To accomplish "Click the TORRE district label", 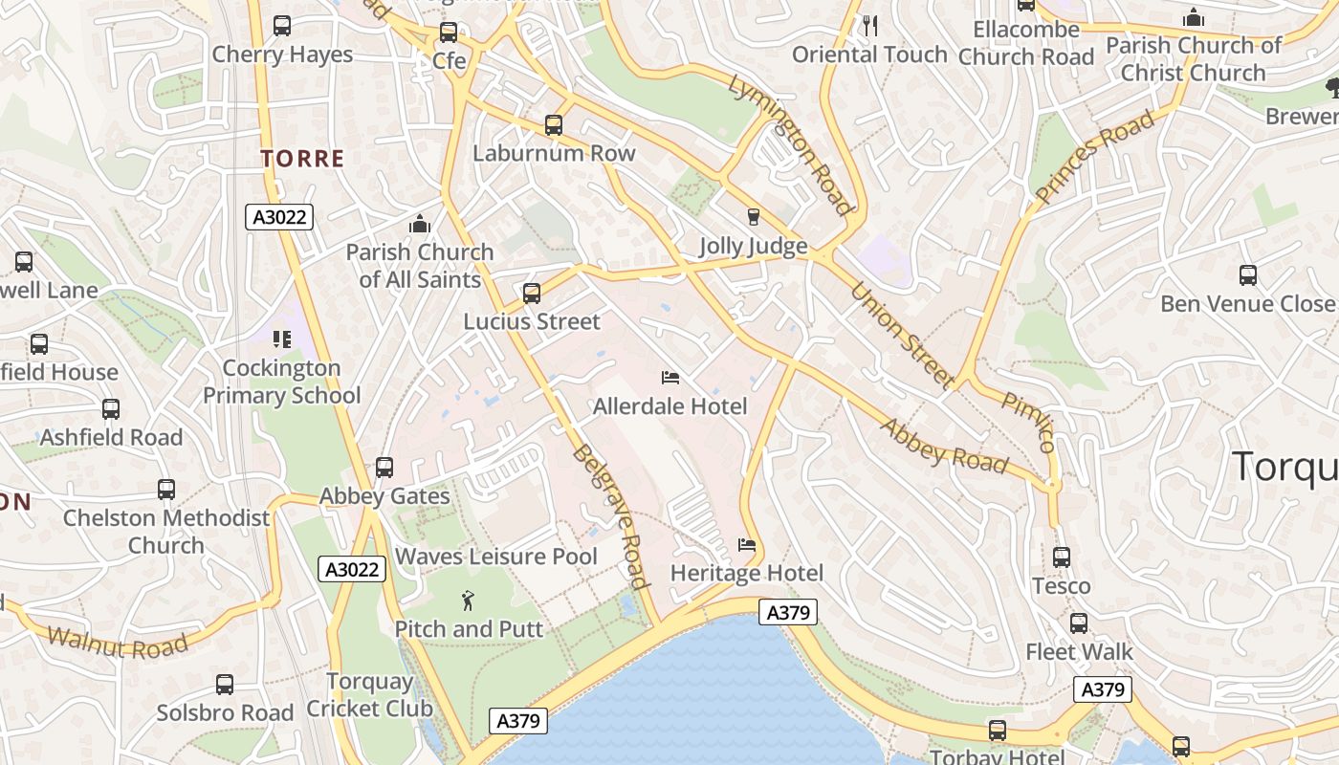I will (x=302, y=159).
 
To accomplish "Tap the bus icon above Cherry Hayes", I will (x=282, y=26).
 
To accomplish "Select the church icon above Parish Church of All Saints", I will (x=419, y=225).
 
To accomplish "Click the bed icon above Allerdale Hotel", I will (x=670, y=379).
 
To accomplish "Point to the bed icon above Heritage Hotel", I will (x=747, y=545).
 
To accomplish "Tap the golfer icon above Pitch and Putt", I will (x=468, y=601).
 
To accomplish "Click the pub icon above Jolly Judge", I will (x=753, y=217).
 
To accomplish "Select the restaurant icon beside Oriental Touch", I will (x=869, y=26).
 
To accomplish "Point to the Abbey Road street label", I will (x=943, y=446).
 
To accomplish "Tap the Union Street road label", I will (x=901, y=335).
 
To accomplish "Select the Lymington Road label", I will (x=790, y=144).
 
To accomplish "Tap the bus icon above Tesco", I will (x=1061, y=557).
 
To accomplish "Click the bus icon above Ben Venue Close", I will (x=1247, y=275).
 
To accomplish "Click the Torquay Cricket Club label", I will (x=369, y=695).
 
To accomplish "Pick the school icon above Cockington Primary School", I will (x=281, y=339).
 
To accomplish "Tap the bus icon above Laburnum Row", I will (x=554, y=124).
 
